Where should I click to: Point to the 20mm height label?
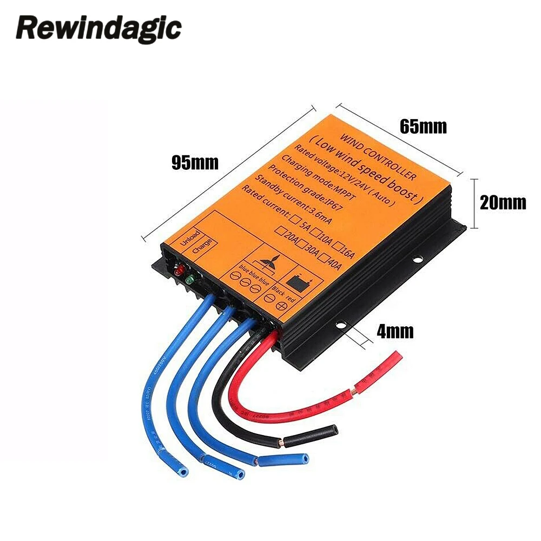[x=503, y=203]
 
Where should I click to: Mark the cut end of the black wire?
[x=335, y=430]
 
